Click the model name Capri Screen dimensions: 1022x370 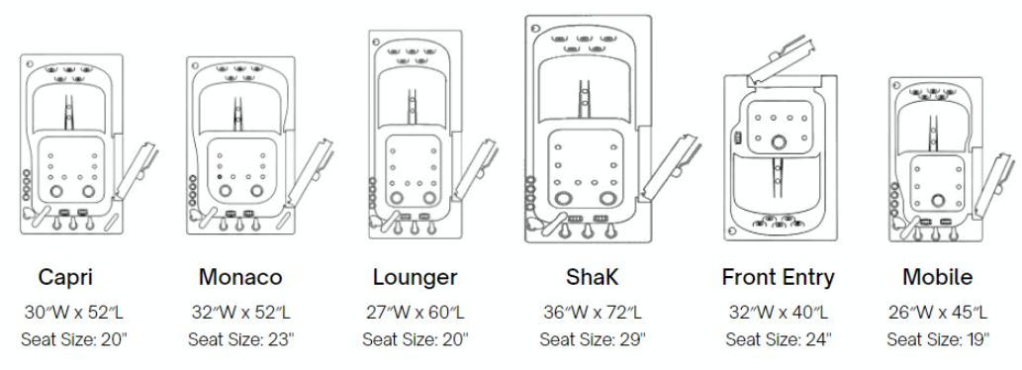pyautogui.click(x=65, y=277)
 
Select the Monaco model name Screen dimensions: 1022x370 pyautogui.click(x=240, y=277)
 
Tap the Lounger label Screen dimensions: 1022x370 pyautogui.click(x=416, y=277)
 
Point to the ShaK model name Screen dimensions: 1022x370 pyautogui.click(x=592, y=277)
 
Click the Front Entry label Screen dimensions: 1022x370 pyautogui.click(x=779, y=277)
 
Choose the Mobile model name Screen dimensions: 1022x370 pyautogui.click(x=938, y=277)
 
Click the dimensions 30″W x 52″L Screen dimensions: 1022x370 pyautogui.click(x=73, y=312)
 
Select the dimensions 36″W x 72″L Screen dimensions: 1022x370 pyautogui.click(x=593, y=312)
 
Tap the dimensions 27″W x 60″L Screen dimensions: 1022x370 pyautogui.click(x=416, y=312)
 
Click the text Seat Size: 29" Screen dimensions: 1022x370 pyautogui.click(x=593, y=339)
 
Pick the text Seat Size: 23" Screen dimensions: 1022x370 pyautogui.click(x=241, y=339)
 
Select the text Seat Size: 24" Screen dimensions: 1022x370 pyautogui.click(x=779, y=339)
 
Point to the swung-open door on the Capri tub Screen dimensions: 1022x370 pyautogui.click(x=136, y=171)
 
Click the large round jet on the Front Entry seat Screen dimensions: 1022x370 pyautogui.click(x=779, y=142)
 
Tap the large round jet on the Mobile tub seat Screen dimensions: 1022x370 pyautogui.click(x=938, y=200)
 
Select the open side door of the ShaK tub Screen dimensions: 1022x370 pyautogui.click(x=672, y=166)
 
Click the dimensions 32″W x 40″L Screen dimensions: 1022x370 pyautogui.click(x=779, y=312)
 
